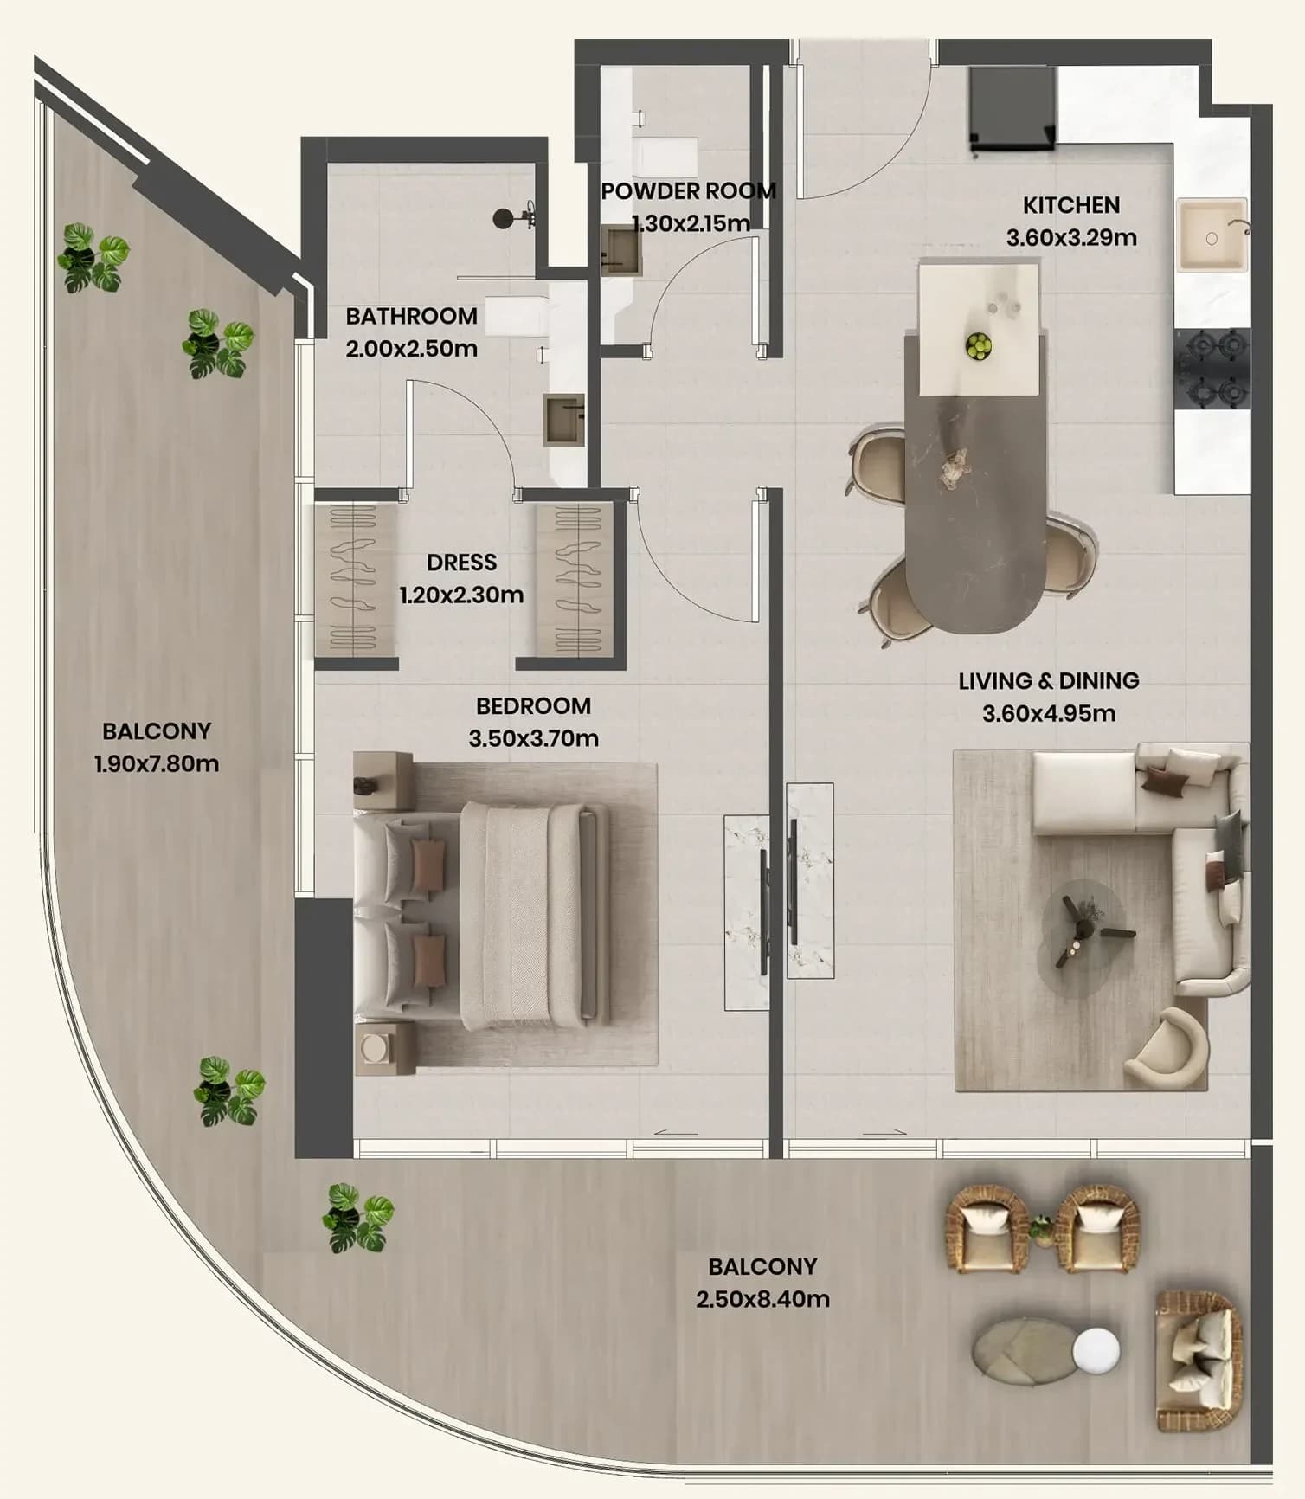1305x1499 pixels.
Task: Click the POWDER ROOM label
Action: coord(688,191)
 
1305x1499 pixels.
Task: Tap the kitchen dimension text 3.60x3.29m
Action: coord(1071,237)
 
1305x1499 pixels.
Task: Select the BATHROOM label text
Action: coord(412,316)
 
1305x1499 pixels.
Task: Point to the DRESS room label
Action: coord(462,563)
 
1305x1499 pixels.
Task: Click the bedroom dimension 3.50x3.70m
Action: coord(534,738)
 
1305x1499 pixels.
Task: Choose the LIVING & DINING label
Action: coord(1049,681)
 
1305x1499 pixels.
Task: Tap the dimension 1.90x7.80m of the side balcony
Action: coord(157,764)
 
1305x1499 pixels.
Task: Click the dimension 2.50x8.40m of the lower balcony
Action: coord(762,1299)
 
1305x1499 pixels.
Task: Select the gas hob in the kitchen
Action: coord(1212,368)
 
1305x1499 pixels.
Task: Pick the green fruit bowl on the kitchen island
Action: coord(978,346)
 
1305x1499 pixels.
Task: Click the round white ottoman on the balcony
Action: coord(1096,1349)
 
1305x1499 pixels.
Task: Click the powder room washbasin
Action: coord(622,251)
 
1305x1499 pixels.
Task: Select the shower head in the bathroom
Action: coord(504,219)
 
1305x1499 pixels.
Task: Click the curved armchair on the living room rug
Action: coord(1166,1048)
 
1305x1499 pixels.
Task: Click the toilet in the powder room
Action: coord(665,156)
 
